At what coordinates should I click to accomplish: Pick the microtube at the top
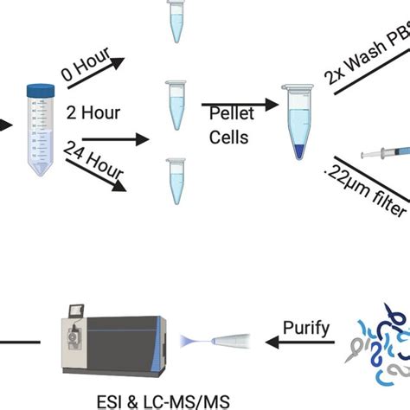pos(176,22)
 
